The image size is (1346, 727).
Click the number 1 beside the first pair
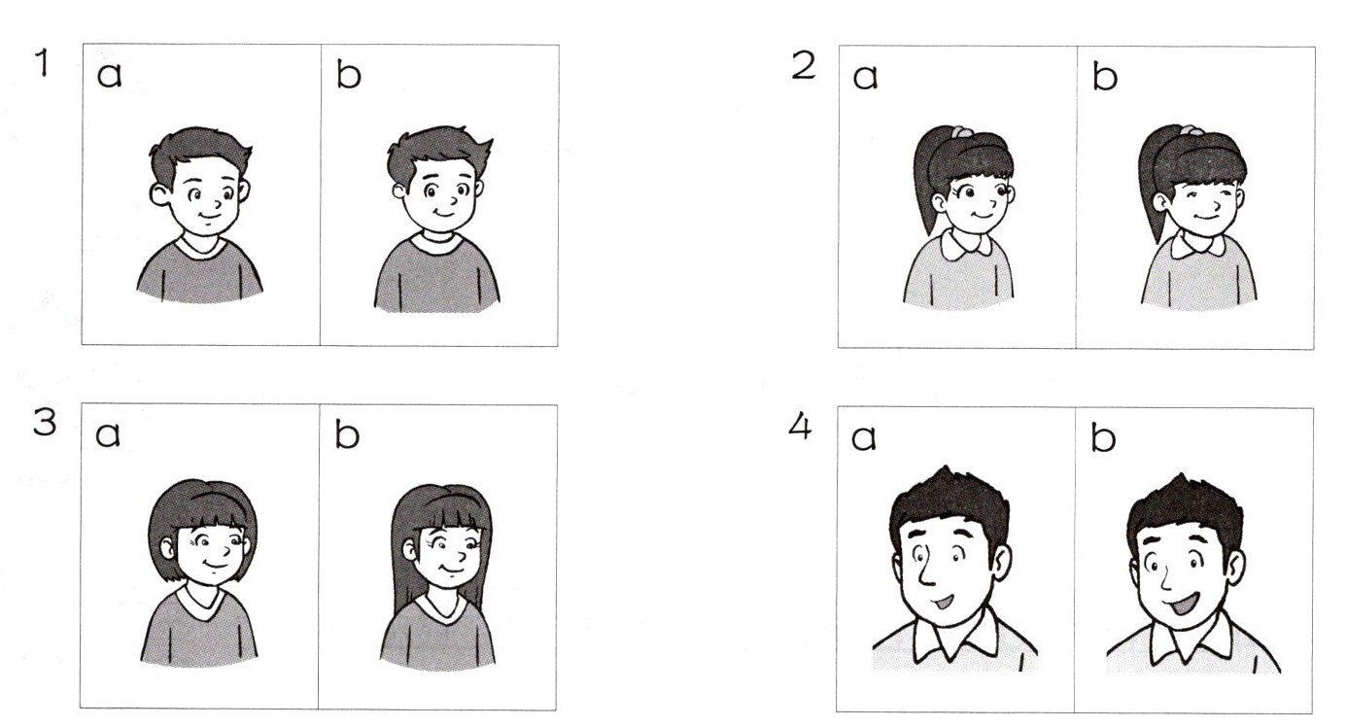click(x=42, y=63)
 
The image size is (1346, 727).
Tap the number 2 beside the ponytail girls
click(x=804, y=66)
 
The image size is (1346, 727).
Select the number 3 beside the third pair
click(x=45, y=422)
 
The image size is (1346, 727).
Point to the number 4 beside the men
click(x=800, y=428)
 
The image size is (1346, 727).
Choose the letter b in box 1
click(x=349, y=76)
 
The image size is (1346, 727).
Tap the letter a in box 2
click(x=865, y=78)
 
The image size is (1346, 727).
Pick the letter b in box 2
click(x=1104, y=78)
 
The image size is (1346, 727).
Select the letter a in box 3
click(x=108, y=435)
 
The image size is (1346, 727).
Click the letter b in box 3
click(x=347, y=434)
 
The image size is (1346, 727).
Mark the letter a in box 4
click(x=864, y=438)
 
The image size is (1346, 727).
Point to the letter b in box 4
click(x=1103, y=439)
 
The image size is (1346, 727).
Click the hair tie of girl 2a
click(x=960, y=132)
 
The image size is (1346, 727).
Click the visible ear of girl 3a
click(x=168, y=547)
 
